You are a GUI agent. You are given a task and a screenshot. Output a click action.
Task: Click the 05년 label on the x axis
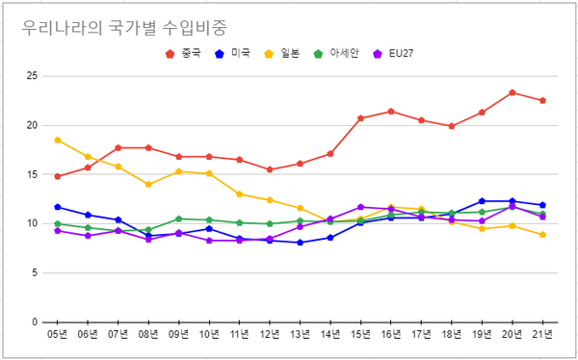tap(58, 334)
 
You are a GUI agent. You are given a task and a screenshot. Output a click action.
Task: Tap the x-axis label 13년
tap(301, 334)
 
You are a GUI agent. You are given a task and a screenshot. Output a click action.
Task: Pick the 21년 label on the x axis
tap(543, 334)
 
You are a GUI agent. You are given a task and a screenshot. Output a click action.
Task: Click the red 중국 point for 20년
tap(512, 92)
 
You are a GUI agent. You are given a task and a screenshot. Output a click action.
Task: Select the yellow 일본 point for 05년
tap(58, 140)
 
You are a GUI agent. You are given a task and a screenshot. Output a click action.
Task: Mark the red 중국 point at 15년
tap(361, 118)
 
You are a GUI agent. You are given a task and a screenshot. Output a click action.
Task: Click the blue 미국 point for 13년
tap(301, 243)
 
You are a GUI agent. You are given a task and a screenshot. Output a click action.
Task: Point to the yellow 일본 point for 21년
tap(543, 235)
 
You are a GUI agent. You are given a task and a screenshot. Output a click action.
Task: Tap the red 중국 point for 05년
tap(58, 176)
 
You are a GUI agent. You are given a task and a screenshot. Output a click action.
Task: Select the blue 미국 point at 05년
tap(58, 207)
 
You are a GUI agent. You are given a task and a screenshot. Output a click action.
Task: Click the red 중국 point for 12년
tap(270, 169)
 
